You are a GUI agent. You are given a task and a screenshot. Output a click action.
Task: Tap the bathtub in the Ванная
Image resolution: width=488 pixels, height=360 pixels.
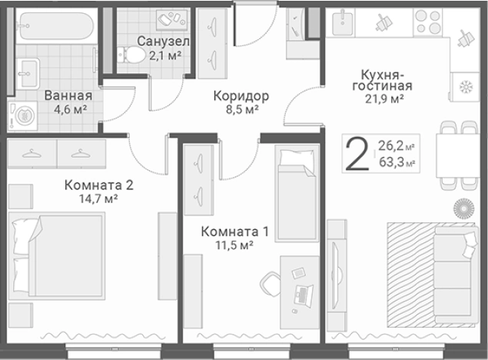click(x=55, y=28)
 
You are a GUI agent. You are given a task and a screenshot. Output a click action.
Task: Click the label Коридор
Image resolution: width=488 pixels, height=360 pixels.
click(x=241, y=96)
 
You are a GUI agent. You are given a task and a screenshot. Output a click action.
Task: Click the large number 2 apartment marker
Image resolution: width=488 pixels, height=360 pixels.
click(x=356, y=154)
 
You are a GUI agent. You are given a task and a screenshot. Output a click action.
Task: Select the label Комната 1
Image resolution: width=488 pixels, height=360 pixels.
click(x=234, y=230)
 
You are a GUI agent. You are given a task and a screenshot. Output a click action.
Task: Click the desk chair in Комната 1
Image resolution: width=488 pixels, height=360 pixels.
click(x=271, y=284)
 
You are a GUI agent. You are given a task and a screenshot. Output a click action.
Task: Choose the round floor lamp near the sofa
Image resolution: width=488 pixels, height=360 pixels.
click(x=463, y=208)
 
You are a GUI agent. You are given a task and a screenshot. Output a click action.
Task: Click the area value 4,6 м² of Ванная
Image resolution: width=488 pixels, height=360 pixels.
click(x=68, y=110)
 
